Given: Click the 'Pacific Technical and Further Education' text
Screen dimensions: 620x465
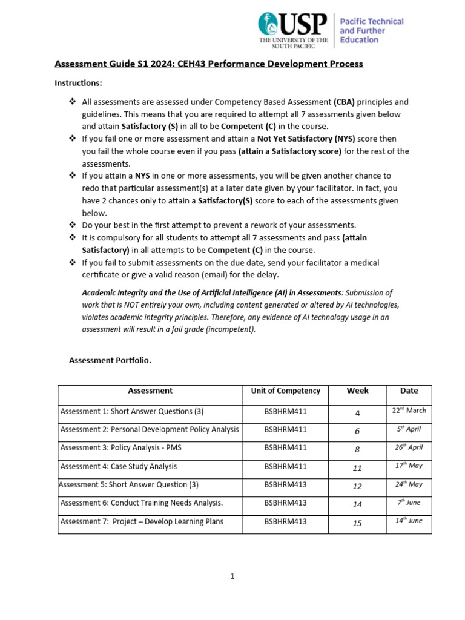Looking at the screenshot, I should (x=371, y=30).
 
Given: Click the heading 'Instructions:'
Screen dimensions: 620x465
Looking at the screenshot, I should (x=79, y=82).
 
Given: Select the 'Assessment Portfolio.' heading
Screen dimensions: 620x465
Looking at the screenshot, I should (x=110, y=360).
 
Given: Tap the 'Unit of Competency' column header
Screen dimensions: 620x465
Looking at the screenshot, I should (x=285, y=391).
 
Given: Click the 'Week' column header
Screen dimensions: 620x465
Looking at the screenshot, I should (x=357, y=391).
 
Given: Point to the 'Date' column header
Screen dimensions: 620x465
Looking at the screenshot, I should (x=409, y=391).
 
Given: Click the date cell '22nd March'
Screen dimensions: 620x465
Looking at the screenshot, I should (x=409, y=411).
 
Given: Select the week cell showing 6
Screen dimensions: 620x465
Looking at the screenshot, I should (x=357, y=431).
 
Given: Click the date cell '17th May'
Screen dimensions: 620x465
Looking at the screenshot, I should (x=409, y=466).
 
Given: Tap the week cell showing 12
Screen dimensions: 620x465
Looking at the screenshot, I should (x=357, y=486).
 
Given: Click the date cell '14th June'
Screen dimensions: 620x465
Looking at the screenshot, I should (x=409, y=521).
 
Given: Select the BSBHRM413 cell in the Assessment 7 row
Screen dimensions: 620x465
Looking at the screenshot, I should (x=285, y=521).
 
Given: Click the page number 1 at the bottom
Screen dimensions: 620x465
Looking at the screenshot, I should (x=232, y=576).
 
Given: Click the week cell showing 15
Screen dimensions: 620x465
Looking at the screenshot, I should (x=357, y=523).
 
